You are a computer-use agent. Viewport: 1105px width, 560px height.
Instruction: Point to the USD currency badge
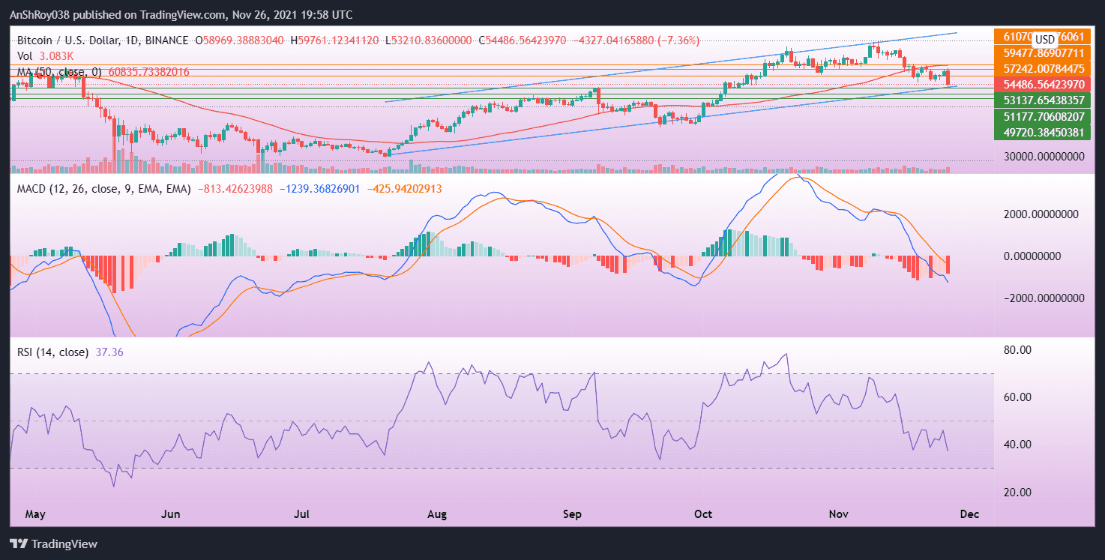(x=1045, y=39)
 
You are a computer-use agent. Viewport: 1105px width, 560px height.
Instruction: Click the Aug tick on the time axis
(x=437, y=514)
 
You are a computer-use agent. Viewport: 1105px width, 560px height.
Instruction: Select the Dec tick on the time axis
(x=969, y=514)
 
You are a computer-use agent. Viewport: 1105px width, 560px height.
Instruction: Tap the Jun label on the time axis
(x=171, y=514)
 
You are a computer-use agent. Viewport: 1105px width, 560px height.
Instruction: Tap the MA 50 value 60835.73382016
(x=148, y=72)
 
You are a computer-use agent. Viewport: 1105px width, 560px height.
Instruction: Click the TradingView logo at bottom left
(x=53, y=544)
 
